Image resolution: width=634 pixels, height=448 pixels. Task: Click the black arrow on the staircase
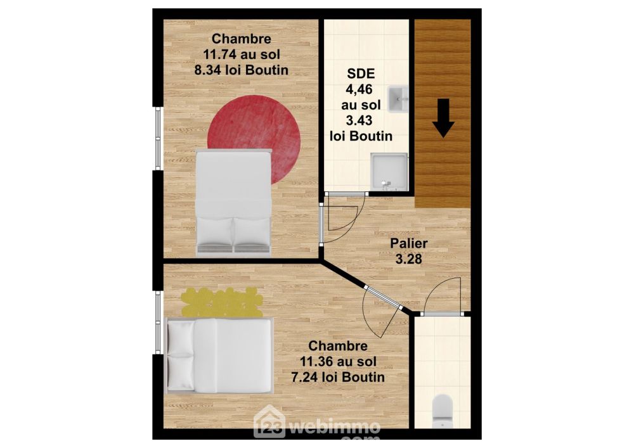pyautogui.click(x=444, y=118)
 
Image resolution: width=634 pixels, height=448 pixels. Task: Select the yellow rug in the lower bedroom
pyautogui.click(x=221, y=302)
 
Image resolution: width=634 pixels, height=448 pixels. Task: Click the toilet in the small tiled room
pyautogui.click(x=442, y=411)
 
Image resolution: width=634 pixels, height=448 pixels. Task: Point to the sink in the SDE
pyautogui.click(x=398, y=99)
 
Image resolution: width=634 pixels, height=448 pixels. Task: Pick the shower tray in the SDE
pyautogui.click(x=389, y=171)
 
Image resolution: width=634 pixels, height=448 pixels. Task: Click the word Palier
pyautogui.click(x=409, y=243)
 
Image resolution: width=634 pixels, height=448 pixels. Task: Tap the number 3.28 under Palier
pyautogui.click(x=409, y=259)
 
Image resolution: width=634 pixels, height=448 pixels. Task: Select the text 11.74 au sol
pyautogui.click(x=242, y=54)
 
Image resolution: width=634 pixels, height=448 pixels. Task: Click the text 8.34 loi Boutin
pyautogui.click(x=242, y=70)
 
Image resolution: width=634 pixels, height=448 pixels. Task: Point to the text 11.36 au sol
pyautogui.click(x=338, y=361)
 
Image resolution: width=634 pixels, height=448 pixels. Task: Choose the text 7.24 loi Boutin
pyautogui.click(x=338, y=377)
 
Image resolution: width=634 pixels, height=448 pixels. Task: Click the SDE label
pyautogui.click(x=361, y=74)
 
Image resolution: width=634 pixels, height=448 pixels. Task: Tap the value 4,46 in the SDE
pyautogui.click(x=359, y=89)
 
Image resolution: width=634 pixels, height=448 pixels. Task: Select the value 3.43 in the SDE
pyautogui.click(x=359, y=120)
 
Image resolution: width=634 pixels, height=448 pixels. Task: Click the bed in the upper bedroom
pyautogui.click(x=233, y=203)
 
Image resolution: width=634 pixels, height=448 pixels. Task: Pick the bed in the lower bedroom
pyautogui.click(x=220, y=355)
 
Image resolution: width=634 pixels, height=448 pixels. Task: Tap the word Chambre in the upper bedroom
pyautogui.click(x=242, y=39)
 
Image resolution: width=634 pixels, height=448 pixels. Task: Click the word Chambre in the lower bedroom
pyautogui.click(x=338, y=346)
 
